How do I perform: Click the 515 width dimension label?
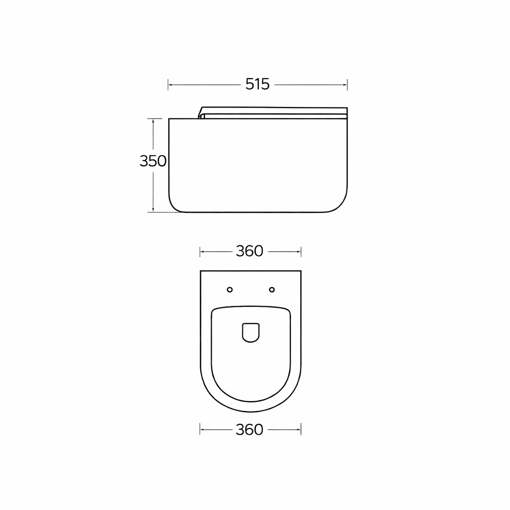(257, 84)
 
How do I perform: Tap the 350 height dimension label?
(153, 161)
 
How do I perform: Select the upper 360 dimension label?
(250, 251)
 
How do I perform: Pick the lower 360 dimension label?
(250, 430)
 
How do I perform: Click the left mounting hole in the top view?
(230, 289)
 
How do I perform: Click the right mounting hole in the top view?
(272, 289)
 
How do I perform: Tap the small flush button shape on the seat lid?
(251, 332)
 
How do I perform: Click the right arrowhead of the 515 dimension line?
(345, 85)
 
